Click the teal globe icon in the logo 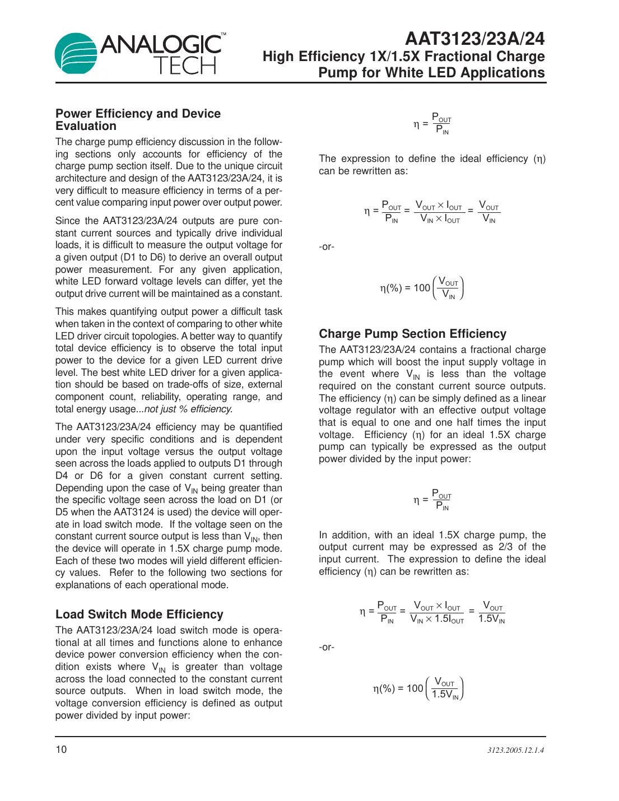click(76, 54)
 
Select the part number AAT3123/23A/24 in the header click(474, 39)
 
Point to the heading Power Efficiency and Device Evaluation click(138, 120)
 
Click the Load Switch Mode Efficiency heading click(139, 614)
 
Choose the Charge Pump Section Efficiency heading click(412, 334)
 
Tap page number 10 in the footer click(61, 749)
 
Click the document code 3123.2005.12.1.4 click(515, 750)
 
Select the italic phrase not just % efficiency click(188, 409)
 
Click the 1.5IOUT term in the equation click(449, 619)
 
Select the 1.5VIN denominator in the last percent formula click(445, 695)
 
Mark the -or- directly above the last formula click(327, 648)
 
